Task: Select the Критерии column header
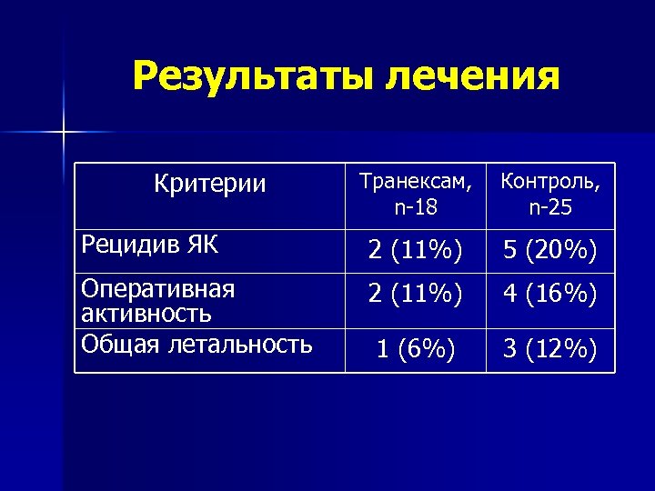[x=210, y=184]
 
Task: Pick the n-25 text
[x=549, y=208]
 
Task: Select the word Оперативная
[x=158, y=289]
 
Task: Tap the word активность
[x=146, y=314]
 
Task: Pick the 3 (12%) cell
[x=549, y=350]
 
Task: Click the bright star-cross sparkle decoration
[x=63, y=133]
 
